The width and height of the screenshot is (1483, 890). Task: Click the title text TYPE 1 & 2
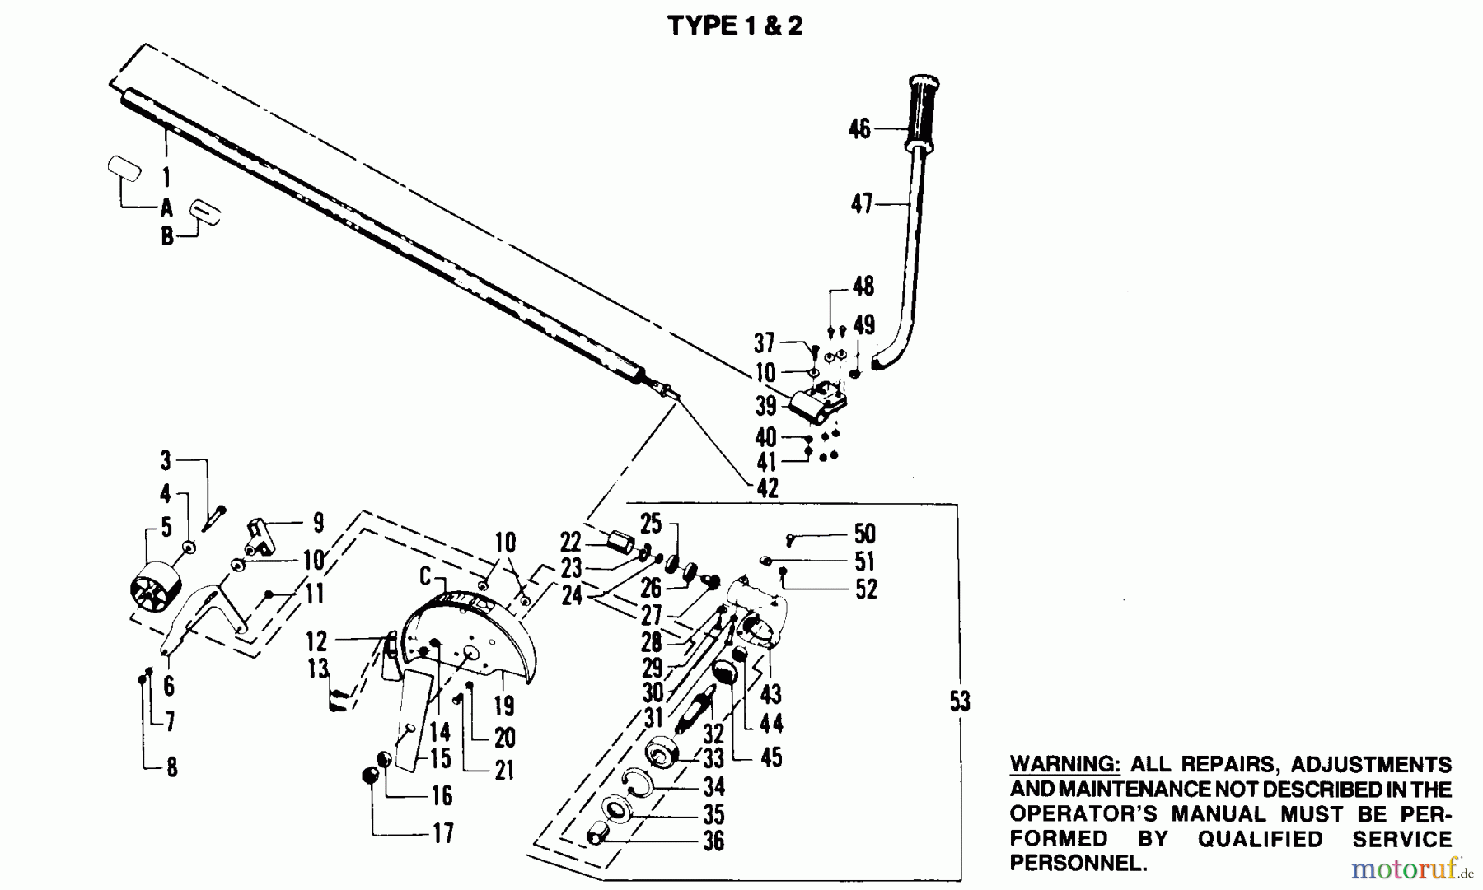pyautogui.click(x=734, y=26)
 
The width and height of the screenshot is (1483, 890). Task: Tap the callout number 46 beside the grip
pyautogui.click(x=859, y=129)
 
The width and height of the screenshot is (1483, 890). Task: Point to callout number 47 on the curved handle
pyautogui.click(x=861, y=203)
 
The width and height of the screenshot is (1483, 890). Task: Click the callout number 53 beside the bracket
pyautogui.click(x=960, y=701)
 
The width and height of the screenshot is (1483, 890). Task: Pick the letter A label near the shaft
pyautogui.click(x=167, y=207)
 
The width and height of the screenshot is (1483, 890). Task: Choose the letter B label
pyautogui.click(x=167, y=237)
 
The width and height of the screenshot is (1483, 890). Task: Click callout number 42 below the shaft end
pyautogui.click(x=767, y=488)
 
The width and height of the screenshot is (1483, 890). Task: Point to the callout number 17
pyautogui.click(x=443, y=833)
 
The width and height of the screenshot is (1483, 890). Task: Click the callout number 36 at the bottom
pyautogui.click(x=713, y=841)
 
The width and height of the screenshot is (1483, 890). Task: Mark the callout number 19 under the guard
pyautogui.click(x=504, y=706)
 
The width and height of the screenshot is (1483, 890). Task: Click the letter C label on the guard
pyautogui.click(x=425, y=576)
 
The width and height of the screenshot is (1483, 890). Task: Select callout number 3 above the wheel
pyautogui.click(x=166, y=460)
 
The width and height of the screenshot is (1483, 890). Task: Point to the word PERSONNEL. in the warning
pyautogui.click(x=1078, y=864)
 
